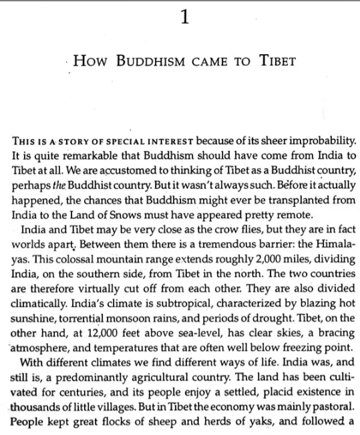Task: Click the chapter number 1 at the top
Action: coord(184,18)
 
